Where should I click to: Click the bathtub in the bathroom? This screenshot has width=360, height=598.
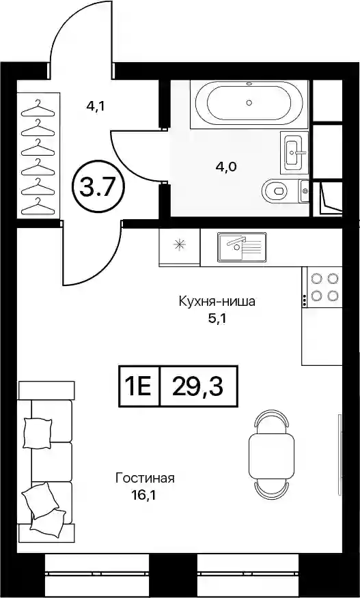click(x=249, y=103)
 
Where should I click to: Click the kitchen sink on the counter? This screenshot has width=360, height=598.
click(x=242, y=248)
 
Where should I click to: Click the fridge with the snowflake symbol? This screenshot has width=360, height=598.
click(x=180, y=246)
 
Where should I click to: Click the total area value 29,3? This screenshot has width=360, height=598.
click(x=197, y=386)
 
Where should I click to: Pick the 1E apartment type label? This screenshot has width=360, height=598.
click(x=139, y=386)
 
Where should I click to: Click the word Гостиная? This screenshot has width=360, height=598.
click(x=145, y=478)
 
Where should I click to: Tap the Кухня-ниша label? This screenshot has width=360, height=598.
click(x=217, y=302)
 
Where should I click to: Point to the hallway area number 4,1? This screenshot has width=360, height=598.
click(x=96, y=106)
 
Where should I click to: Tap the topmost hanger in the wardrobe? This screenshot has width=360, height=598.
click(x=38, y=109)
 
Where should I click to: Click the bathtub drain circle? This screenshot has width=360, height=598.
click(x=249, y=102)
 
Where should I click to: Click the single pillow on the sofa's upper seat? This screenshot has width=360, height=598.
click(x=37, y=432)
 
